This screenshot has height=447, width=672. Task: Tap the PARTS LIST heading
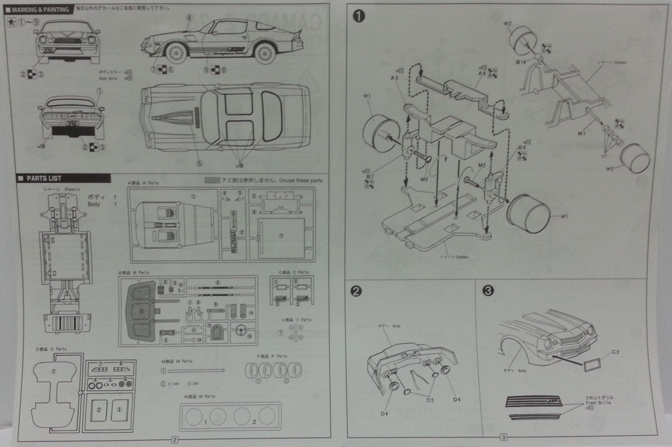pyautogui.click(x=44, y=179)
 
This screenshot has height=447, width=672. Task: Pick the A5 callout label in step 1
pyautogui.click(x=394, y=78)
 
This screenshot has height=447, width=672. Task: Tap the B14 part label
pyautogui.click(x=521, y=61)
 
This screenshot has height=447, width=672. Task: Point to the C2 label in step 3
pyautogui.click(x=616, y=352)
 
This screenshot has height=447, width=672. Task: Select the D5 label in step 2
pyautogui.click(x=430, y=399)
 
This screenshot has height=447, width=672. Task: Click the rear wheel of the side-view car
pyautogui.click(x=264, y=52)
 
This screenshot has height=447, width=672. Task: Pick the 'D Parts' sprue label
pyautogui.click(x=51, y=349)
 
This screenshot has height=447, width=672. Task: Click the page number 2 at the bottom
pyautogui.click(x=174, y=440)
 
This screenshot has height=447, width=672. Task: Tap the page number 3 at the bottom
pyautogui.click(x=503, y=438)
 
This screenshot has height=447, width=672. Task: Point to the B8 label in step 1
pyautogui.click(x=523, y=148)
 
